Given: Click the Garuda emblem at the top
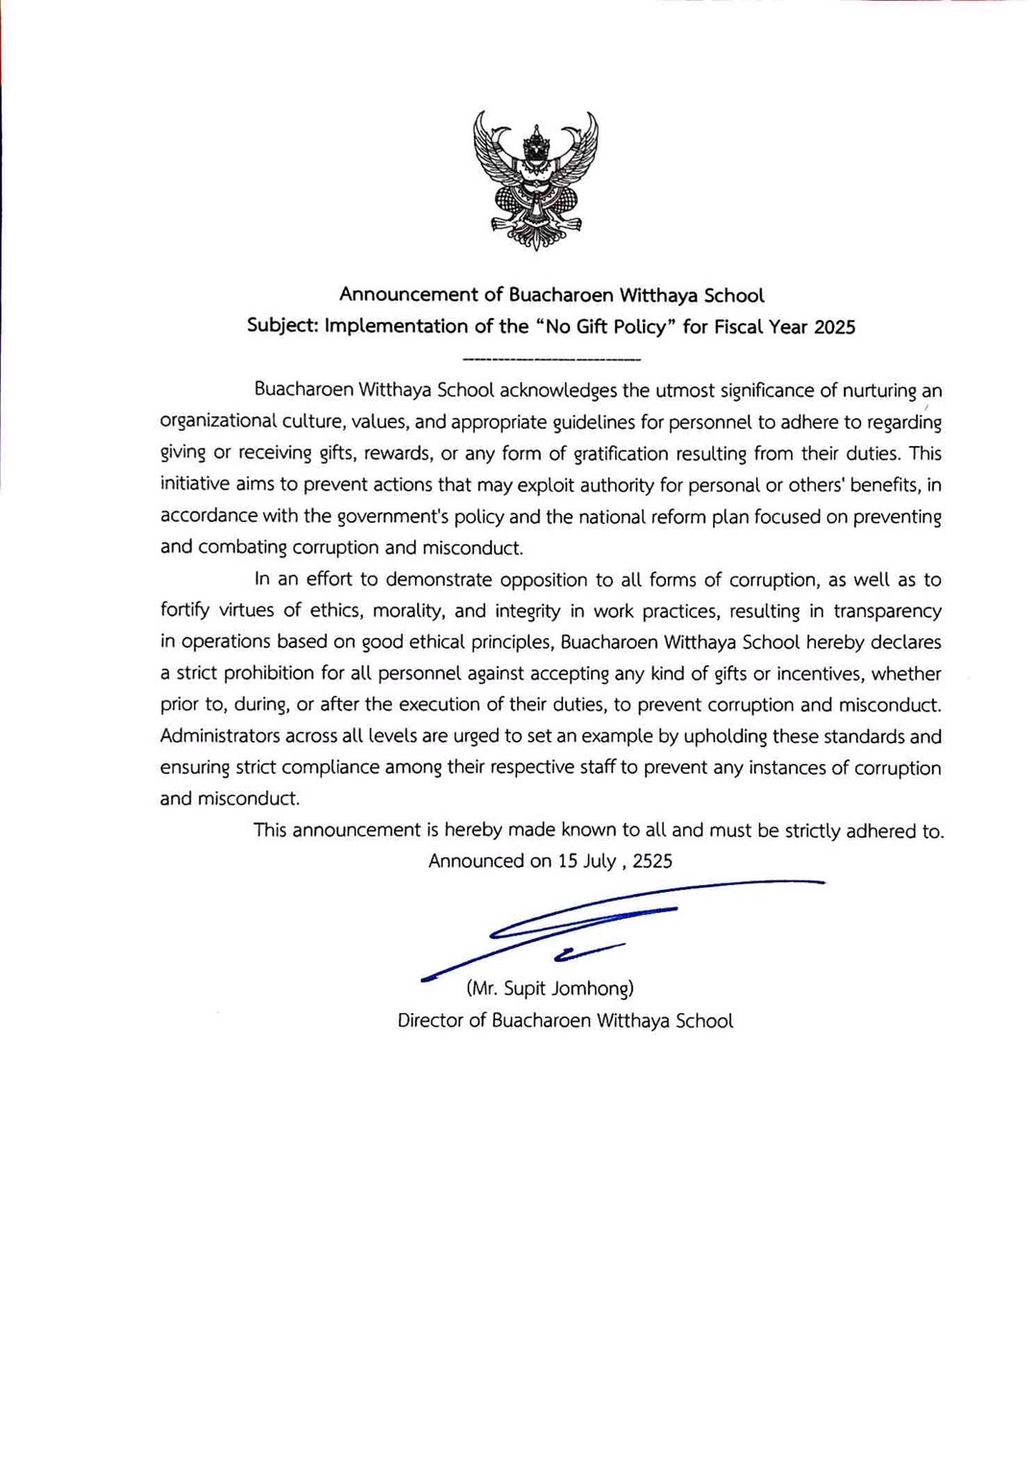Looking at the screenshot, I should [535, 180].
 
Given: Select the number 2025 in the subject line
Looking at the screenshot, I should [834, 327].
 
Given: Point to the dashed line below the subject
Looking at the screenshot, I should [551, 359].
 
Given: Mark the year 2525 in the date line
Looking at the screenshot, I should [652, 861].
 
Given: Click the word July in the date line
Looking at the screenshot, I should [600, 861].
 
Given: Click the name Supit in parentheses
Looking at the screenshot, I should [525, 988].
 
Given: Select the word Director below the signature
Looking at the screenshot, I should [430, 1021].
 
